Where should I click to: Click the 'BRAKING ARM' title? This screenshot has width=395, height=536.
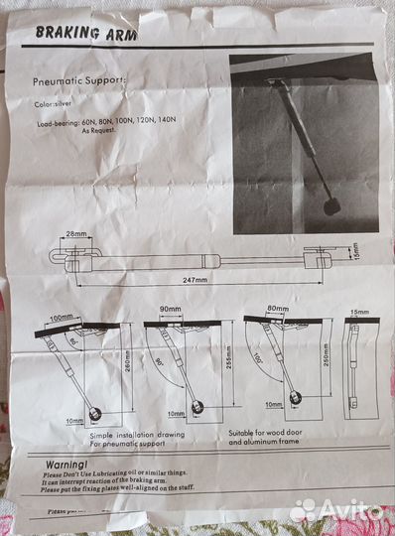[x=86, y=32]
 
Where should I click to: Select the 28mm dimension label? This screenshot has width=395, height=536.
[x=75, y=234]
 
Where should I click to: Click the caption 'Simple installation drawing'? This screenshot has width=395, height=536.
[x=135, y=435]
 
